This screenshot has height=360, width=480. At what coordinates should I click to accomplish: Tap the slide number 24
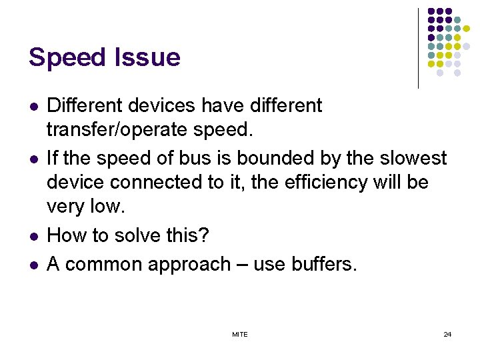(447, 334)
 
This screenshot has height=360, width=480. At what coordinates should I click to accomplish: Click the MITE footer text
(240, 334)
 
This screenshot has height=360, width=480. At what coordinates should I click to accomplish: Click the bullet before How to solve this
(34, 236)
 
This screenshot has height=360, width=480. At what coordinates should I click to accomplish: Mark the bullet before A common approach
(34, 265)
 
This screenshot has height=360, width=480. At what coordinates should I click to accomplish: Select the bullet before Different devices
(34, 106)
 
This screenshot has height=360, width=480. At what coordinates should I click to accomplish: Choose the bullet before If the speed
(34, 159)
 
